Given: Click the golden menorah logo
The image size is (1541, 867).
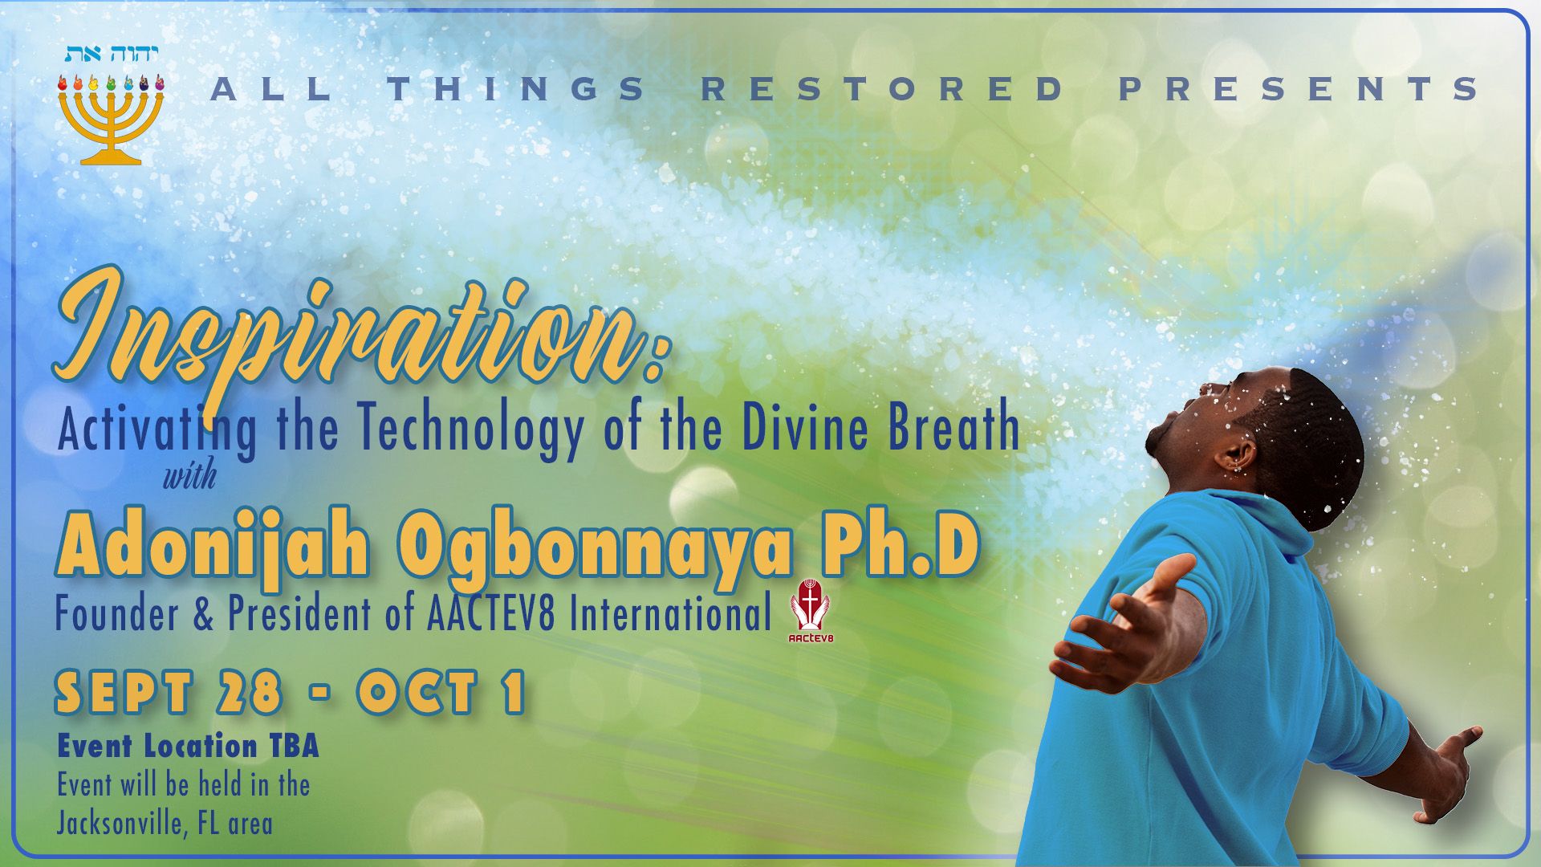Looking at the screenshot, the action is (x=111, y=119).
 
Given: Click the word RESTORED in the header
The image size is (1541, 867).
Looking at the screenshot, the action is (x=885, y=88).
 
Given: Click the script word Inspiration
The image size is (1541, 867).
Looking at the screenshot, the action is (x=359, y=341).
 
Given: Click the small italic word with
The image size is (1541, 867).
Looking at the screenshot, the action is (x=190, y=477).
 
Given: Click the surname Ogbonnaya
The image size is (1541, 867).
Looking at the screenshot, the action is (x=595, y=550).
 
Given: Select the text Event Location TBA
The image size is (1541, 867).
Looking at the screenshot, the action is (x=188, y=747).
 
